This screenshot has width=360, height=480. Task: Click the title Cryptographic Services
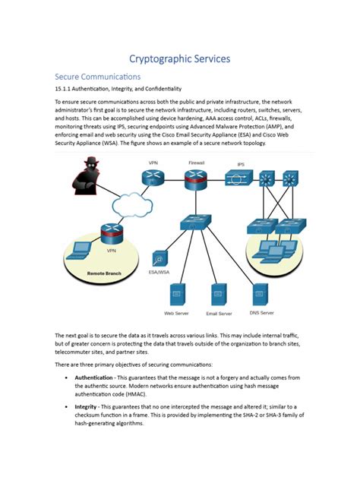click(x=179, y=58)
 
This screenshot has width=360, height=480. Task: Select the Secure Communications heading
click(x=98, y=77)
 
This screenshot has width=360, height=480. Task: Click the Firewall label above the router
click(x=196, y=163)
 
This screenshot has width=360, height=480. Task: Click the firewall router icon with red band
click(x=195, y=179)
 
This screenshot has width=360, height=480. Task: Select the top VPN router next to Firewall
click(x=153, y=178)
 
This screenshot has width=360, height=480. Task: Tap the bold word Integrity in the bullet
click(x=86, y=408)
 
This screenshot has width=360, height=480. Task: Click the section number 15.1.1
click(x=66, y=88)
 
